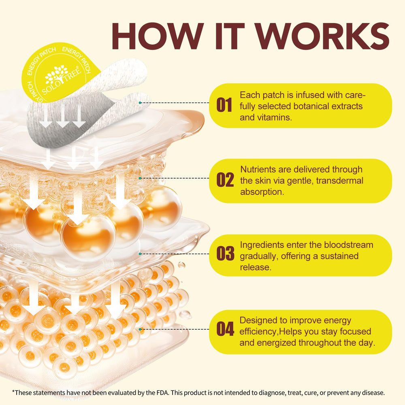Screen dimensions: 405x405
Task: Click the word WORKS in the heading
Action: click(322, 36)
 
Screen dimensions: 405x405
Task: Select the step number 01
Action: click(224, 105)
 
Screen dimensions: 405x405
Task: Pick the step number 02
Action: click(225, 180)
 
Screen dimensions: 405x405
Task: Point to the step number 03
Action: click(225, 254)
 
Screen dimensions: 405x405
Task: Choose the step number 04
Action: click(225, 329)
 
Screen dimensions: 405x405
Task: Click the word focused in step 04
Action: click(356, 331)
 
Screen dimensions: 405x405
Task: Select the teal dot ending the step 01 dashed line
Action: click(140, 103)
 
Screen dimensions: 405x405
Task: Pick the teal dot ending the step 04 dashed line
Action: click(140, 329)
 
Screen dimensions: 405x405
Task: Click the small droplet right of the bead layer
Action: click(181, 265)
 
